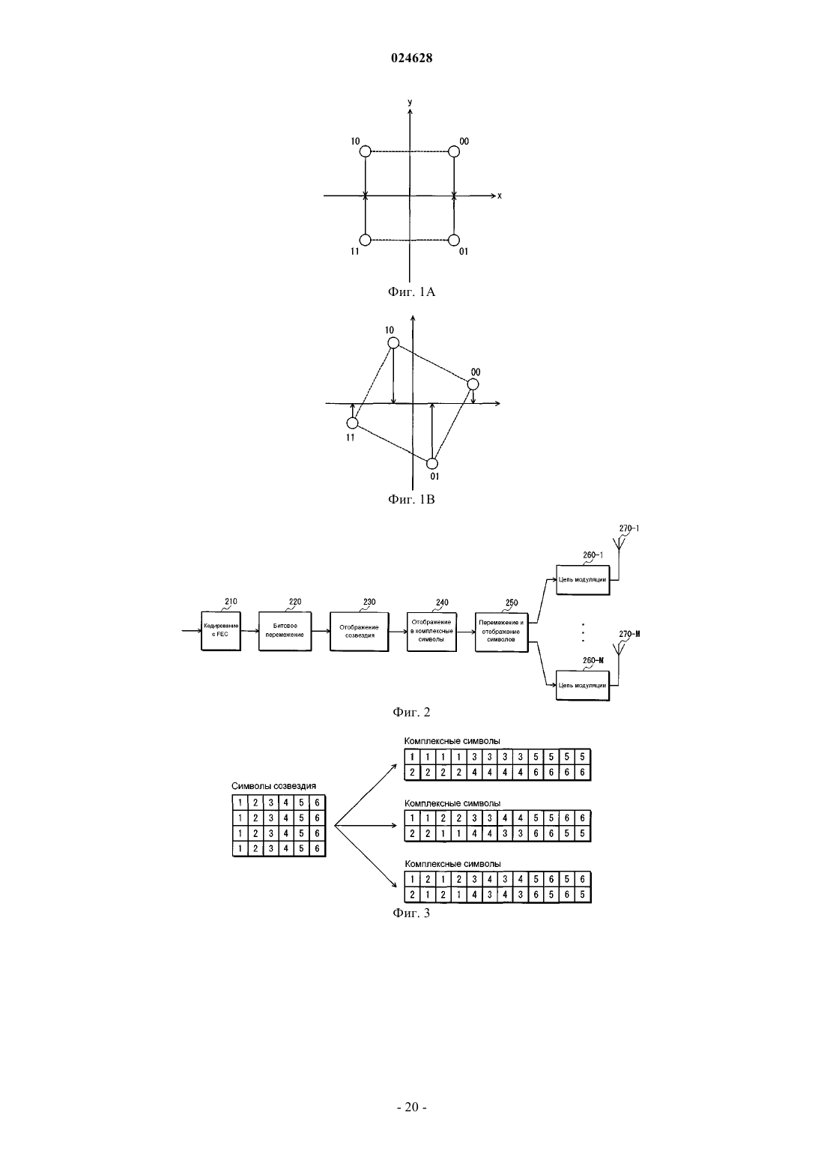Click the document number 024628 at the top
pos(411,58)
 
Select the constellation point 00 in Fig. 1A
pos(454,151)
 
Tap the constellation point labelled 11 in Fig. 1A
pos(366,240)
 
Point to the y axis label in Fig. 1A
pos(410,103)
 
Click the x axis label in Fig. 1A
pos(500,196)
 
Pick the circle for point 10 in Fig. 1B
pos(393,343)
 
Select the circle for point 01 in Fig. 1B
pos(432,463)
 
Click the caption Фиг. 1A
pos(411,291)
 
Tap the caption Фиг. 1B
pos(411,499)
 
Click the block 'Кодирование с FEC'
pos(221,631)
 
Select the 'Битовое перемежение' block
pos(285,631)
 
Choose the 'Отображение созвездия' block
pos(359,632)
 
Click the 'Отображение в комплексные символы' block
pos(431,632)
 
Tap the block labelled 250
pos(501,632)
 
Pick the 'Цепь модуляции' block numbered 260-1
pos(583,580)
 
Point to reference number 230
pos(369,602)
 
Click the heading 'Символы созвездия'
pos(273,786)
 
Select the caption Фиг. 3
pos(411,913)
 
